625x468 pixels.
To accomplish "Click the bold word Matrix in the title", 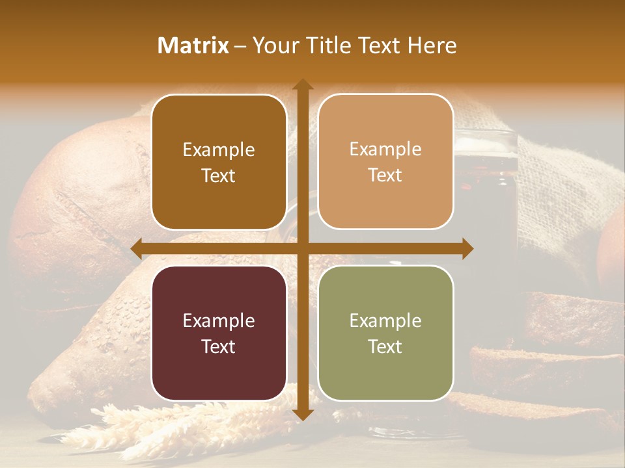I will (x=193, y=45).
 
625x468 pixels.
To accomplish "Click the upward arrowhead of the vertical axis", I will (x=302, y=84).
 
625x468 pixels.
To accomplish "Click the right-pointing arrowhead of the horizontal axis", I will (x=467, y=248).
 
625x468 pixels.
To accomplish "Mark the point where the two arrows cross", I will (x=302, y=248).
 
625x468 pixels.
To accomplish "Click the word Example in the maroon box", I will (x=219, y=320).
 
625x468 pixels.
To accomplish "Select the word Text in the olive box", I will (x=385, y=346).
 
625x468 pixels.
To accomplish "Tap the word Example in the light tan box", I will (x=385, y=149).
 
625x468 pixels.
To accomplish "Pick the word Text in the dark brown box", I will (x=219, y=176).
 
